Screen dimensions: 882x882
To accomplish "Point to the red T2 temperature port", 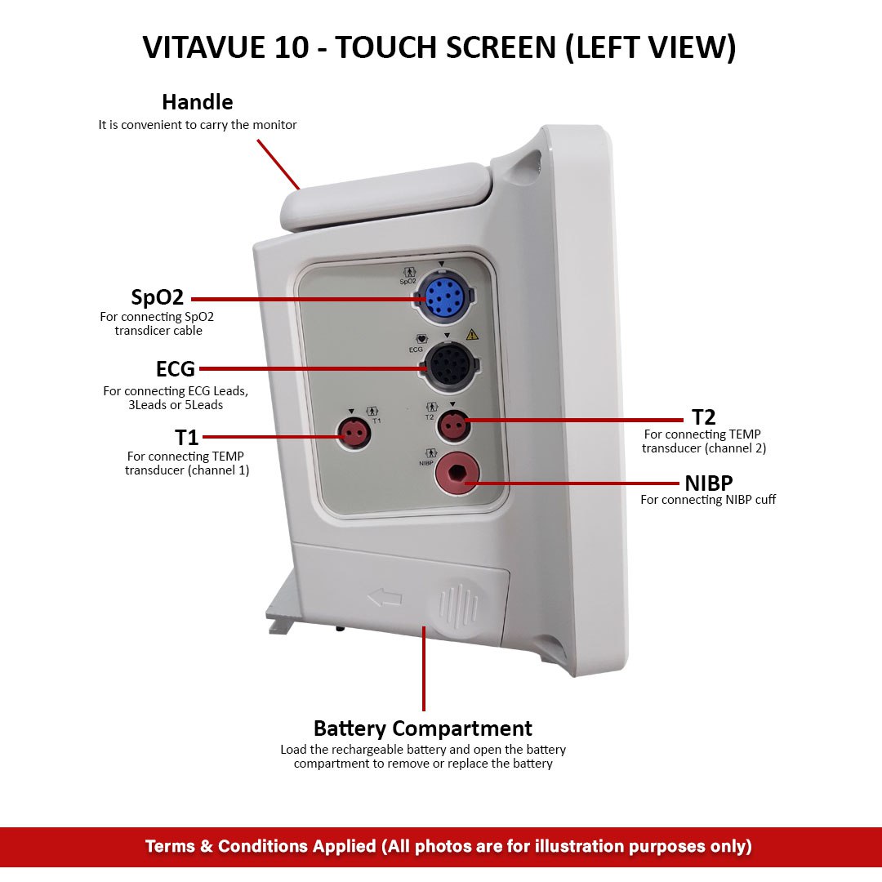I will [x=452, y=425].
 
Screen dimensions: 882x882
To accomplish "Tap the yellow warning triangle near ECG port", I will [x=472, y=335].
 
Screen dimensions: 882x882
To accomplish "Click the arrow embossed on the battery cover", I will [x=385, y=599].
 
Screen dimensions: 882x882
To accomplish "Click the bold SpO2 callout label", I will [x=157, y=296].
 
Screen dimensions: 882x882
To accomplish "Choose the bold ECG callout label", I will [x=175, y=369].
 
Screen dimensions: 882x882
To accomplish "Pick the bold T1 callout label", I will [x=187, y=438].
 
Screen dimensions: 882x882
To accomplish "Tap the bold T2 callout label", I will [x=703, y=418].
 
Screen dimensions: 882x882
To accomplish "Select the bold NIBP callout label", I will [x=708, y=483].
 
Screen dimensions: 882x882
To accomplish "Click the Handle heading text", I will [x=197, y=102].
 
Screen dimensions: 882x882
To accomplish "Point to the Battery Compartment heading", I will [x=422, y=728].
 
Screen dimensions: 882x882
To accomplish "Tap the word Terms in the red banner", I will [x=170, y=846].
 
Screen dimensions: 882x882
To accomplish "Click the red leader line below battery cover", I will [x=423, y=670].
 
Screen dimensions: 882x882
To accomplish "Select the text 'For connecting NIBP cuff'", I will [x=707, y=500].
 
